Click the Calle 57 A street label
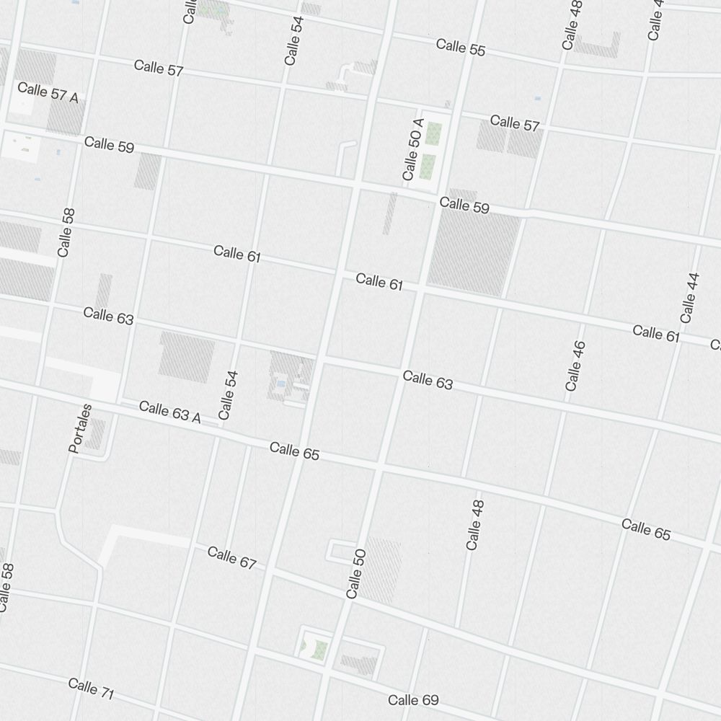(48, 92)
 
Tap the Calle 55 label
(461, 48)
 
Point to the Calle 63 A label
(169, 412)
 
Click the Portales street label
(81, 428)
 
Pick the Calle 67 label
(231, 557)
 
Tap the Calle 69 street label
(413, 700)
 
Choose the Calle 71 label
(92, 689)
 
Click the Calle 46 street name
(575, 366)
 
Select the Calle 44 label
(690, 297)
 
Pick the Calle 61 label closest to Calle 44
(656, 332)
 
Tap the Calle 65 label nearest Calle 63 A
(294, 452)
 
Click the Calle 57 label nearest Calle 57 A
(159, 69)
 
